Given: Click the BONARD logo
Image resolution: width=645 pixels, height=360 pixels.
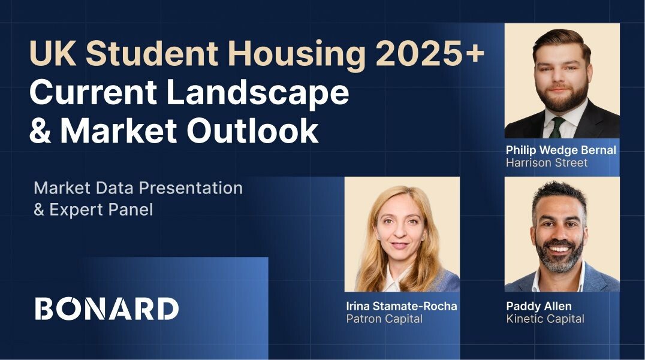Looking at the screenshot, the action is click(x=107, y=308).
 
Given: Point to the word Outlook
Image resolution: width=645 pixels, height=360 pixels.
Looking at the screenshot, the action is click(x=252, y=131).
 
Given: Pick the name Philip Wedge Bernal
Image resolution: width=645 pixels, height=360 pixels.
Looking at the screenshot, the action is click(x=561, y=150).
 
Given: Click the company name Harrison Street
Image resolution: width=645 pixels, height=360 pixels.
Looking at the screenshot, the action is click(x=547, y=163).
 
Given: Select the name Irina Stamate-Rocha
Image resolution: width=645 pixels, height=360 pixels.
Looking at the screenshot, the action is click(x=402, y=306).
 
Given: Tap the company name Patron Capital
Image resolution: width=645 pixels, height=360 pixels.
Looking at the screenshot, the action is click(x=384, y=319).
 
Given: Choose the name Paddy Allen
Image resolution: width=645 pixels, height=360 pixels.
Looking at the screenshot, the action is click(x=539, y=307).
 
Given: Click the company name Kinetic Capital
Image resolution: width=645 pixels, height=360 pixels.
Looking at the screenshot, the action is click(x=545, y=319).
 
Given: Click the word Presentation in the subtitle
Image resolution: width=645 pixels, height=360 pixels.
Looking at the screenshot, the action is click(x=191, y=188).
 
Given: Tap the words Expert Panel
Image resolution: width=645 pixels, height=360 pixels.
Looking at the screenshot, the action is click(x=101, y=210).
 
